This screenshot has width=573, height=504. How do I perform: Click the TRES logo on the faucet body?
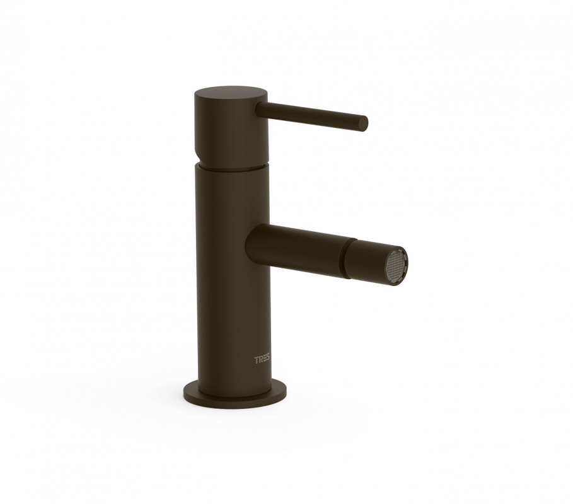[x=262, y=360]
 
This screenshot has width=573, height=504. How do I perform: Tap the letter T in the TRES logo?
[x=256, y=360]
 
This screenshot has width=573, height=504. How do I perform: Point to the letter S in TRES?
[x=269, y=360]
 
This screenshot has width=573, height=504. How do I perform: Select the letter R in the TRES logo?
[x=260, y=360]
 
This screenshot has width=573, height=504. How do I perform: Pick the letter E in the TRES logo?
[x=264, y=360]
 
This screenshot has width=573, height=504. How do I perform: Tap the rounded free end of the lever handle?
[x=363, y=122]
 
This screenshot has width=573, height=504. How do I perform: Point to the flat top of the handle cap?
[x=231, y=93]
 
